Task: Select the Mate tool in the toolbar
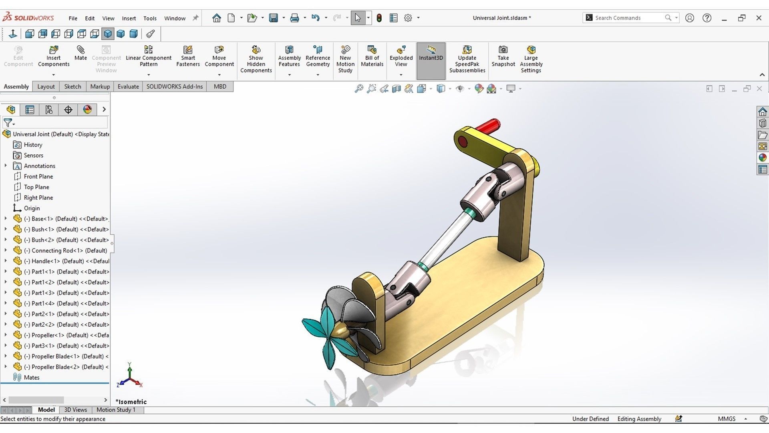click(x=81, y=53)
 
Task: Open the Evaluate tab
click(x=128, y=87)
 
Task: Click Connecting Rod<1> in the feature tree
click(x=69, y=251)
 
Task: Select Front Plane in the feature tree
click(x=38, y=176)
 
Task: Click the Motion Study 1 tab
click(x=116, y=410)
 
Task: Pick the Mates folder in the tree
click(x=31, y=377)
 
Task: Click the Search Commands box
click(x=627, y=18)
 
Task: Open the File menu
click(x=73, y=18)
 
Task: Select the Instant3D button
click(x=431, y=57)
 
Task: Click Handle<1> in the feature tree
click(x=66, y=261)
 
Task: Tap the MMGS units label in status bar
click(x=726, y=419)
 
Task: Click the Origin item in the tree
click(x=32, y=208)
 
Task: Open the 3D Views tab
click(x=75, y=410)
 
